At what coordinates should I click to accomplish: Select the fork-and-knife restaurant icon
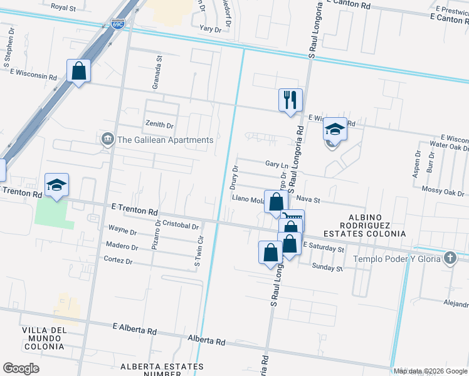(290, 100)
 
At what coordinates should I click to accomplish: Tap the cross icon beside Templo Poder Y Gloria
(450, 258)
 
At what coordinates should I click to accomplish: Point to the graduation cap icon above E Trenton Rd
(56, 185)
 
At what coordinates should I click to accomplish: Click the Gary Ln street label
(276, 163)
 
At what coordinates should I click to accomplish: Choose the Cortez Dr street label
(121, 261)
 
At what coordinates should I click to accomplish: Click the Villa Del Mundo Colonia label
(43, 338)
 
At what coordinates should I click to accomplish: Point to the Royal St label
(63, 8)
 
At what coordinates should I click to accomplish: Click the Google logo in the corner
(21, 368)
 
